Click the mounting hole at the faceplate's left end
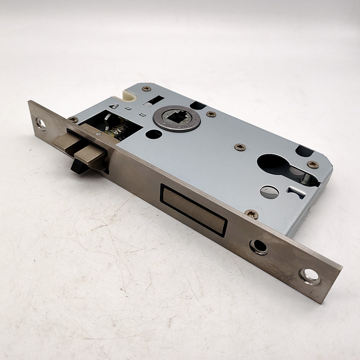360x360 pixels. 41,123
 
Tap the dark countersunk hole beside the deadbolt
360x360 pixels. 259,247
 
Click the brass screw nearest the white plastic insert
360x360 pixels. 146,89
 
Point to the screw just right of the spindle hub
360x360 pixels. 211,114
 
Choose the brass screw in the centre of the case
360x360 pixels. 240,147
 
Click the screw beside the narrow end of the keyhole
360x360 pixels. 312,165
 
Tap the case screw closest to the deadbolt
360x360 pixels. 251,214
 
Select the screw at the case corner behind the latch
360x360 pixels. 73,119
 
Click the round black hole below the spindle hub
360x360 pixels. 154,134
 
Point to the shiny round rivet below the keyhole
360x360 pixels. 269,192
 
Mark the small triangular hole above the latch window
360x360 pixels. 113,106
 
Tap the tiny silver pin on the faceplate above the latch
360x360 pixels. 98,135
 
